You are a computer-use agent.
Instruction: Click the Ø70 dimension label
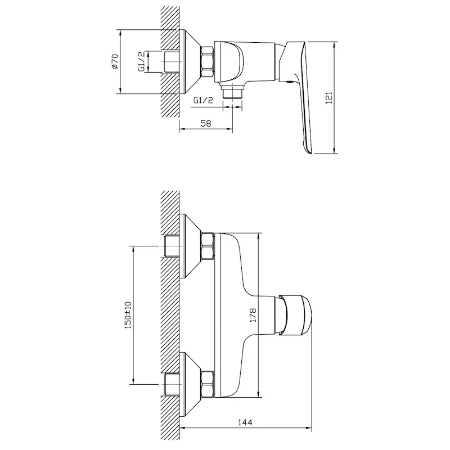pos(115,61)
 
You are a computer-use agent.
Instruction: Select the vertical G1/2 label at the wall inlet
pos(142,61)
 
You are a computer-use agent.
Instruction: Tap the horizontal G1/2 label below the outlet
pos(203,101)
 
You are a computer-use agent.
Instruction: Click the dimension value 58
pos(206,123)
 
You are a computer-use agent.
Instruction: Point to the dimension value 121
pos(329,97)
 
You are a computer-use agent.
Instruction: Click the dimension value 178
pos(253,315)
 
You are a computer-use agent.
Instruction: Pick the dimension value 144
pos(245,422)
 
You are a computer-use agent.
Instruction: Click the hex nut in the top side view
pos(208,61)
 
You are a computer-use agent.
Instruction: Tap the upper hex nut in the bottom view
pos(208,246)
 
